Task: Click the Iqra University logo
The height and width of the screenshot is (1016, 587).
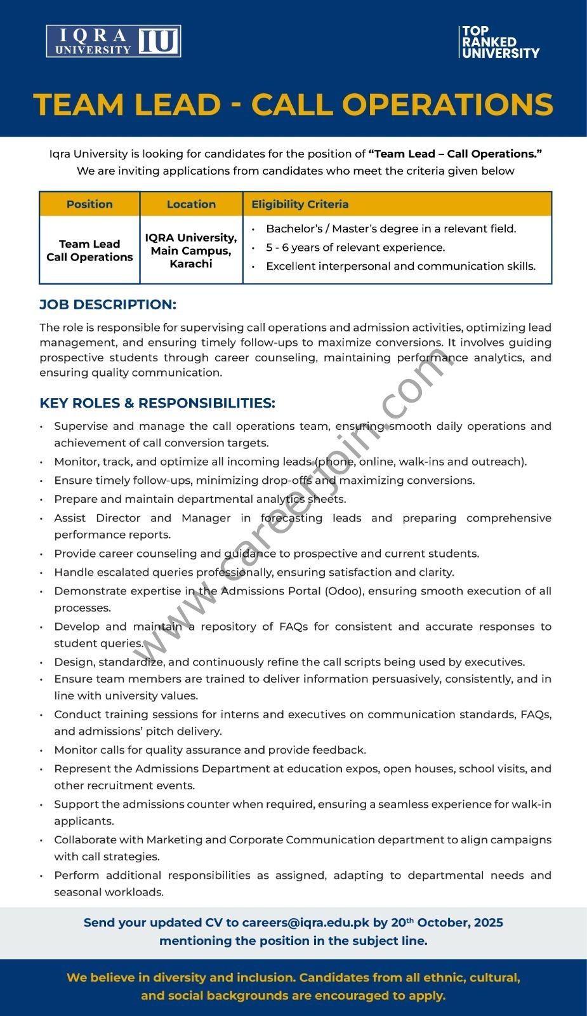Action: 114,41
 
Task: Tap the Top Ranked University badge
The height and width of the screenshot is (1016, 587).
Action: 500,42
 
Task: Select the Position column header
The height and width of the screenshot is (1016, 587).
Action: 89,204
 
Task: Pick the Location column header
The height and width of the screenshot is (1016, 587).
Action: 191,204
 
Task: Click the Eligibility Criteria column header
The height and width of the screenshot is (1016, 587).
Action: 300,204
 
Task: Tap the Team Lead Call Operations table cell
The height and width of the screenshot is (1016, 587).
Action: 89,250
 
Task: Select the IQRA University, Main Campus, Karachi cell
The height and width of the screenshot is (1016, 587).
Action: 191,250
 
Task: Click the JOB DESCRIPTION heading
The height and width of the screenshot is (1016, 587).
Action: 108,305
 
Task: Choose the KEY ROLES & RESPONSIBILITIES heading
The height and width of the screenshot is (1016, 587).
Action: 157,403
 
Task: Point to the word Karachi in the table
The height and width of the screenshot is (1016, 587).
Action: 191,264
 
